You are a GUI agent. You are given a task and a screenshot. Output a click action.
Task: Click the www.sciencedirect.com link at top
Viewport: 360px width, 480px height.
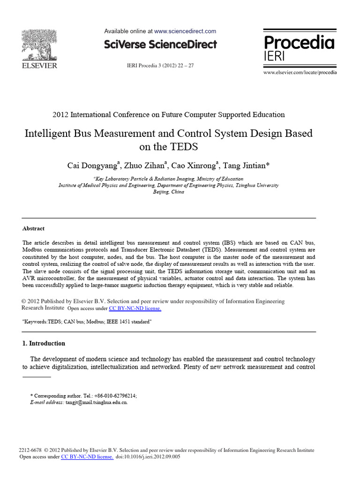click(x=185, y=31)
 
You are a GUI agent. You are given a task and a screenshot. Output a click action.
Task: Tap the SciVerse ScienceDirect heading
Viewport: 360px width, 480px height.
click(x=160, y=45)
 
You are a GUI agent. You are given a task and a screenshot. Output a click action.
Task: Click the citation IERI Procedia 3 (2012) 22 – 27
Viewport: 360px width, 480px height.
click(x=160, y=66)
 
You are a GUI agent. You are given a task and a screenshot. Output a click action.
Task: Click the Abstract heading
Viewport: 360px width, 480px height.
click(x=34, y=229)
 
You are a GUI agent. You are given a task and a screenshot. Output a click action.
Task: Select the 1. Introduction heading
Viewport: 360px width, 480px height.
click(x=44, y=343)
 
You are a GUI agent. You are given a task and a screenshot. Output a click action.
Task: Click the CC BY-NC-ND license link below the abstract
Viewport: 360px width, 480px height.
click(x=135, y=308)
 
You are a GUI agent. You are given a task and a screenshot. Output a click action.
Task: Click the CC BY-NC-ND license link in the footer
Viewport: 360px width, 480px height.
click(x=87, y=457)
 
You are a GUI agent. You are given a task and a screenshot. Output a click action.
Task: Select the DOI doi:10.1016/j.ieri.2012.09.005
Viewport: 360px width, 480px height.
click(x=151, y=457)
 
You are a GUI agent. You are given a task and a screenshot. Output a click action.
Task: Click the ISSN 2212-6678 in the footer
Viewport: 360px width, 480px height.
click(x=31, y=450)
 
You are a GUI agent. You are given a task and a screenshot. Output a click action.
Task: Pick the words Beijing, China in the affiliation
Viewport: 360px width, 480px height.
click(x=169, y=192)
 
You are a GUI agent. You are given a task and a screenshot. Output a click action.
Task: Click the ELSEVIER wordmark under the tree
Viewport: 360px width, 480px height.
click(x=39, y=66)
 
